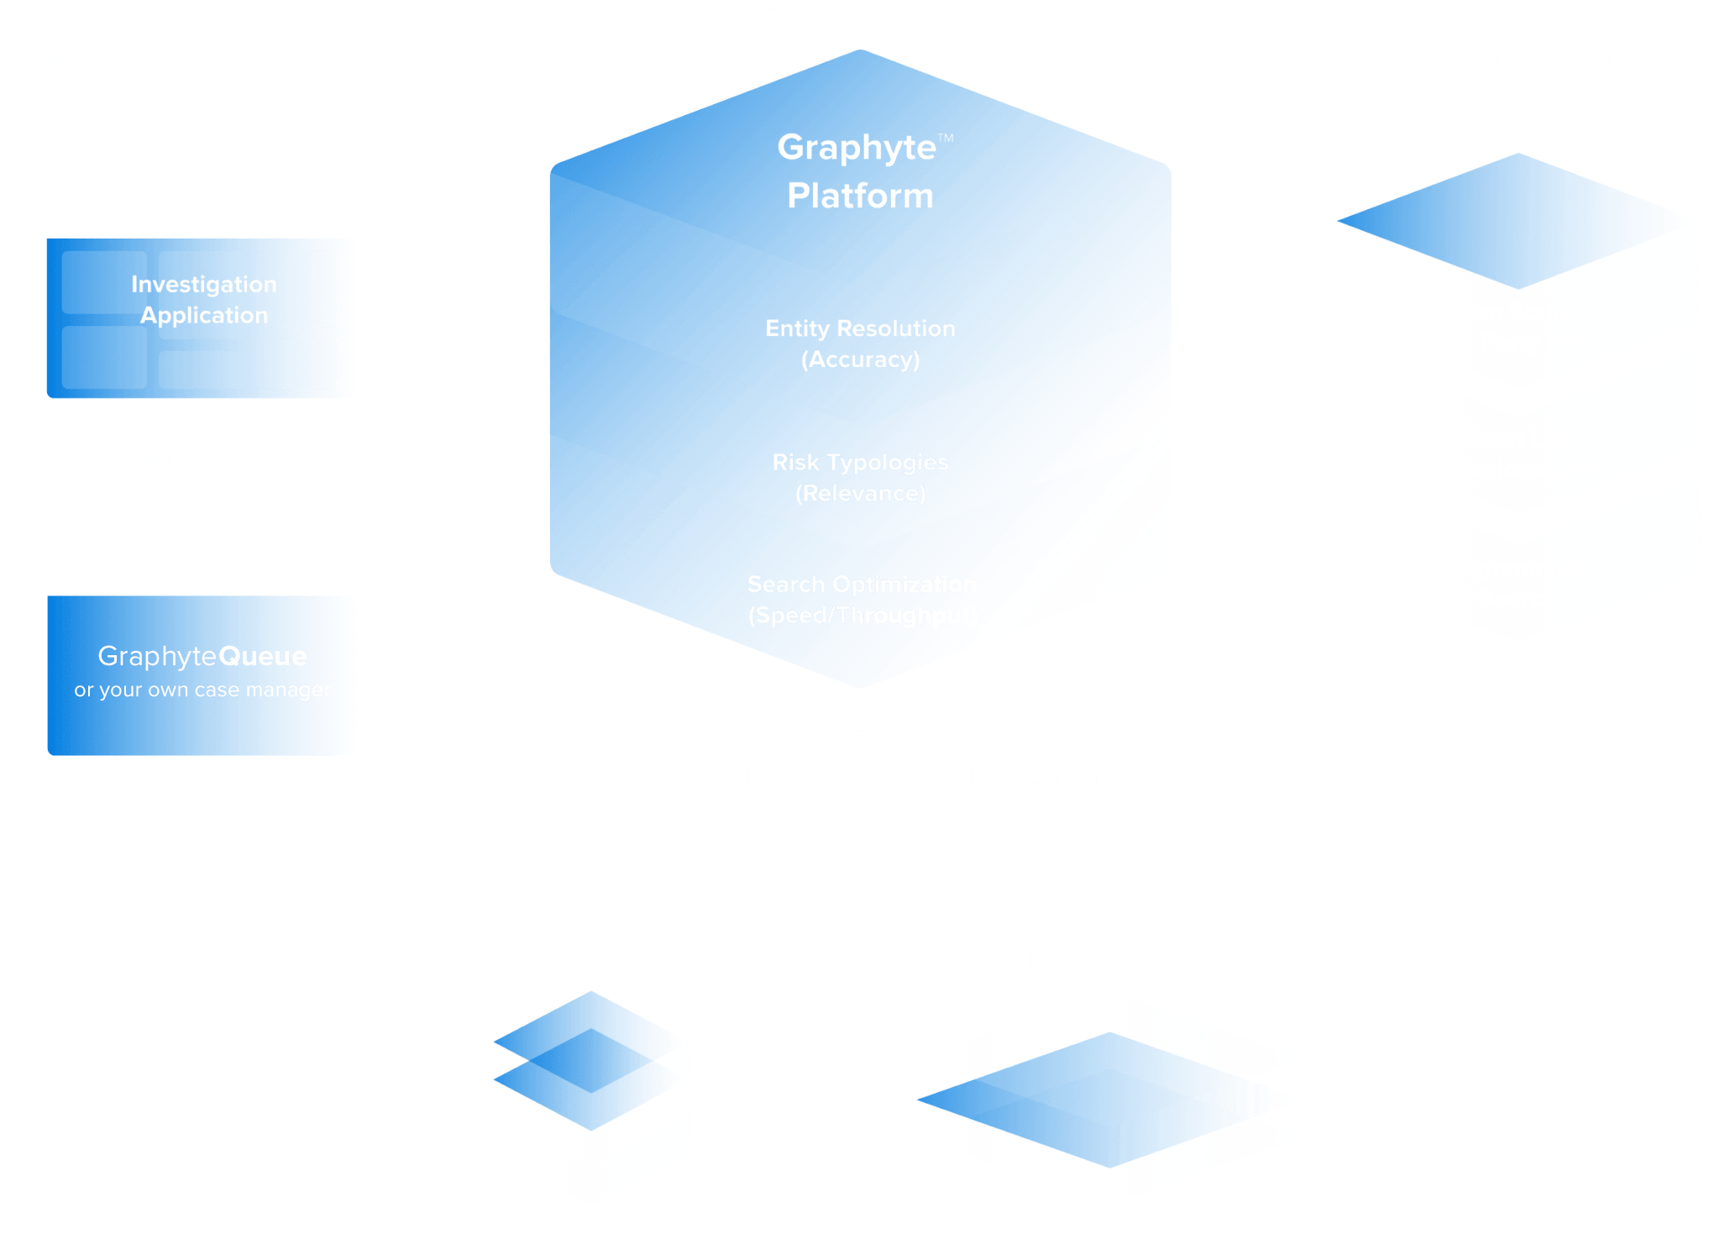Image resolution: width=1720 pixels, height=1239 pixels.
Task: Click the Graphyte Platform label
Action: (861, 171)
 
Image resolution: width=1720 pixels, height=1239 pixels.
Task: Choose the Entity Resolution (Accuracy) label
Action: (861, 344)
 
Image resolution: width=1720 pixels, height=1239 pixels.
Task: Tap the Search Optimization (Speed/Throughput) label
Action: (863, 600)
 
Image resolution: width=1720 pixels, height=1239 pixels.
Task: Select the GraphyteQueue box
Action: (202, 675)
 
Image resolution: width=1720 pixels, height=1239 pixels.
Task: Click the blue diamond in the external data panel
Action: (1512, 221)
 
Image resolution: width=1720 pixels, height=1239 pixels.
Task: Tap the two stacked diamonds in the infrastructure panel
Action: (588, 1060)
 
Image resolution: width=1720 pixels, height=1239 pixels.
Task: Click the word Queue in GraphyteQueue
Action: (263, 656)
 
